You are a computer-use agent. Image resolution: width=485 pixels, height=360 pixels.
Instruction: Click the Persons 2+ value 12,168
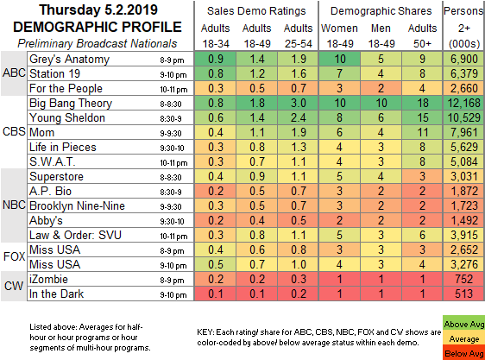(x=464, y=103)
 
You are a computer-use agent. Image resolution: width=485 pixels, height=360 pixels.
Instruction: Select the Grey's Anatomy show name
(x=69, y=59)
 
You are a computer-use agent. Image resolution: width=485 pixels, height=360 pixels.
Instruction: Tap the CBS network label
(x=14, y=131)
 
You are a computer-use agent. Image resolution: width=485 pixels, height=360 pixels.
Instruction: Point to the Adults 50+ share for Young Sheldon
(x=422, y=117)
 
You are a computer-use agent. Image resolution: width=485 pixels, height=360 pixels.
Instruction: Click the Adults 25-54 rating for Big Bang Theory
(x=299, y=103)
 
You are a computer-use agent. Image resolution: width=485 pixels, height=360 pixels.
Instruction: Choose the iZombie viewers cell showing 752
(x=464, y=279)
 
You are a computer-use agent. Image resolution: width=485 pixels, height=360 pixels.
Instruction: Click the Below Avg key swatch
(x=463, y=353)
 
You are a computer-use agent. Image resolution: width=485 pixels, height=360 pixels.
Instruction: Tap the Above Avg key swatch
(x=463, y=324)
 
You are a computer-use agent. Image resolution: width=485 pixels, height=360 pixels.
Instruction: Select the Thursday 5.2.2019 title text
(x=98, y=10)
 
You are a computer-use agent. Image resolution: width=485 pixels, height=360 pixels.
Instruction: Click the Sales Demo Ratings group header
(x=256, y=11)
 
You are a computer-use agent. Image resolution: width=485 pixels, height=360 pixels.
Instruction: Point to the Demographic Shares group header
(x=381, y=11)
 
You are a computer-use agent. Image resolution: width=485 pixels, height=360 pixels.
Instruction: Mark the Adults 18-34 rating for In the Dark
(x=216, y=294)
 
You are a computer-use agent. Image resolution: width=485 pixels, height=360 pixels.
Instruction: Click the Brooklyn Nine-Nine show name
(x=77, y=206)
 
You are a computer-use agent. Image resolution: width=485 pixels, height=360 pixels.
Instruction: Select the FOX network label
(x=14, y=256)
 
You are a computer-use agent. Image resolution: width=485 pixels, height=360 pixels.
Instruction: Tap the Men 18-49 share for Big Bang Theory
(x=381, y=103)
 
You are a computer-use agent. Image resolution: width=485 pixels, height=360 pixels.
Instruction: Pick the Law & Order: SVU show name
(x=75, y=236)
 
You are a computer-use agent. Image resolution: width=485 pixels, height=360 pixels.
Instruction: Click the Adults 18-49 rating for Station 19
(x=257, y=73)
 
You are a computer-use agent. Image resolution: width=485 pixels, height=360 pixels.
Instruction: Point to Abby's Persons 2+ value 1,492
(x=464, y=220)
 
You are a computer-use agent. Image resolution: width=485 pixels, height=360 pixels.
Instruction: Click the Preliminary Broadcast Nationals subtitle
(x=98, y=44)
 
